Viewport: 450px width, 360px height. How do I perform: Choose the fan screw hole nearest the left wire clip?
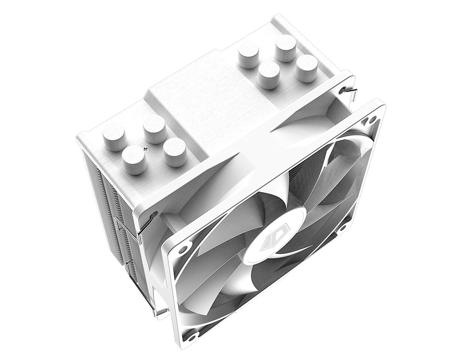click(x=183, y=249)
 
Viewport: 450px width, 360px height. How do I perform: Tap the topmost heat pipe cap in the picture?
click(x=285, y=47)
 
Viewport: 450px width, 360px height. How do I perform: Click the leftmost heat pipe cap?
click(x=114, y=136)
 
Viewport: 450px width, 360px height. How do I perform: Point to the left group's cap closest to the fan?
click(x=175, y=151)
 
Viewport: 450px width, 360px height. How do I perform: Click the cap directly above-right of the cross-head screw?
click(x=154, y=129)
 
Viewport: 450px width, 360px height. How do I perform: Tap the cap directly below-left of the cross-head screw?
click(x=134, y=159)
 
